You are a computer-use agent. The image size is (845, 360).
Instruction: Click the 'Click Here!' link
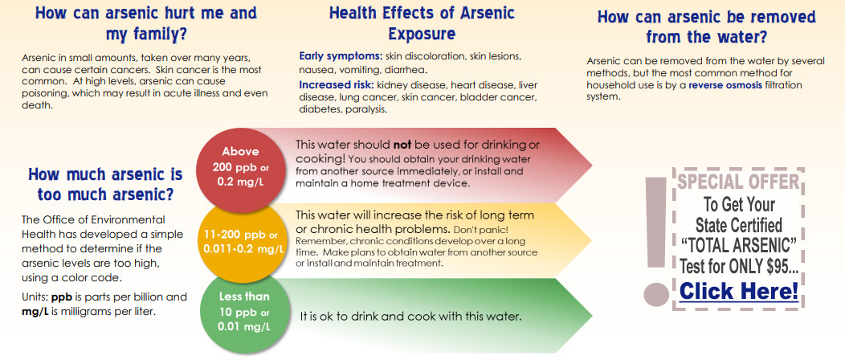pyautogui.click(x=739, y=292)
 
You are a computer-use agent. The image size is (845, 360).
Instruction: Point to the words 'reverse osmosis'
pyautogui.click(x=729, y=86)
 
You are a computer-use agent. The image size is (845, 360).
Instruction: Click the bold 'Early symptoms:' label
pyautogui.click(x=341, y=56)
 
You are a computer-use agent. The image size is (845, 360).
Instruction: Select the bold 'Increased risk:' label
pyautogui.click(x=337, y=85)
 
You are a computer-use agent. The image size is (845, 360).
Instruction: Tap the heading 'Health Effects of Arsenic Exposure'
pyautogui.click(x=422, y=23)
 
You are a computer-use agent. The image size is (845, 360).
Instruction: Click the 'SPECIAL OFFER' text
pyautogui.click(x=737, y=182)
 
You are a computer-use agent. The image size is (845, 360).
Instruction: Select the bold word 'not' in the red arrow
pyautogui.click(x=402, y=145)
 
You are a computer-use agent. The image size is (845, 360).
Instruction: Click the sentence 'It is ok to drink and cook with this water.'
pyautogui.click(x=411, y=317)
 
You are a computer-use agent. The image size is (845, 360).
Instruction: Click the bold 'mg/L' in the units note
pyautogui.click(x=35, y=312)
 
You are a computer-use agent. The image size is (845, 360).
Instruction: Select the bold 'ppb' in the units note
pyautogui.click(x=62, y=297)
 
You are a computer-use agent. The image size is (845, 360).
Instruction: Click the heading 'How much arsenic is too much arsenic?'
pyautogui.click(x=105, y=184)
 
